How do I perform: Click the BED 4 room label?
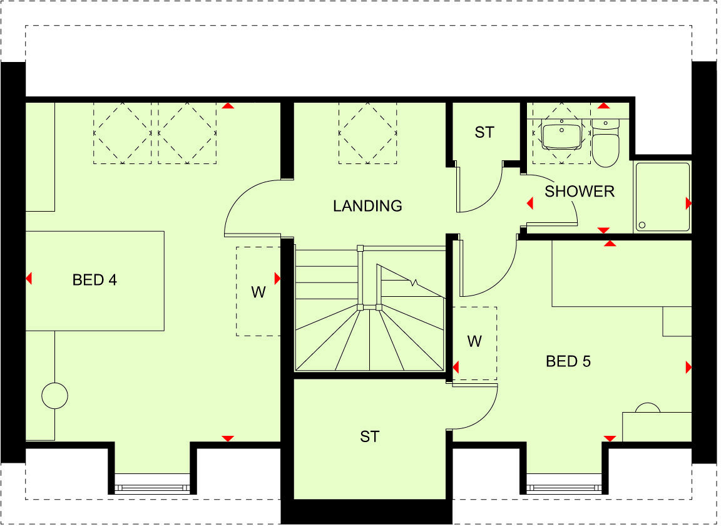pos(95,280)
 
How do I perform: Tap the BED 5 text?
pos(568,361)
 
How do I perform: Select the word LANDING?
pos(367,205)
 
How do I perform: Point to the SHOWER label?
pos(580,191)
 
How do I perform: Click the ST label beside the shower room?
pos(484,132)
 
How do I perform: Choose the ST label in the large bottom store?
pos(369,436)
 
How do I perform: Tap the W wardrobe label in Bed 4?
pos(258,292)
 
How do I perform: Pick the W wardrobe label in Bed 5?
pos(474,341)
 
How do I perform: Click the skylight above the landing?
pos(368,133)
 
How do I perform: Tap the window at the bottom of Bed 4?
pos(153,484)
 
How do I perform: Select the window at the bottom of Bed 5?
pos(566,484)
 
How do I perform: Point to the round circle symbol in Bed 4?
pos(54,395)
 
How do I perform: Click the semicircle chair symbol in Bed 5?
pos(647,408)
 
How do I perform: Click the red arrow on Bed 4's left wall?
pos(29,279)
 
